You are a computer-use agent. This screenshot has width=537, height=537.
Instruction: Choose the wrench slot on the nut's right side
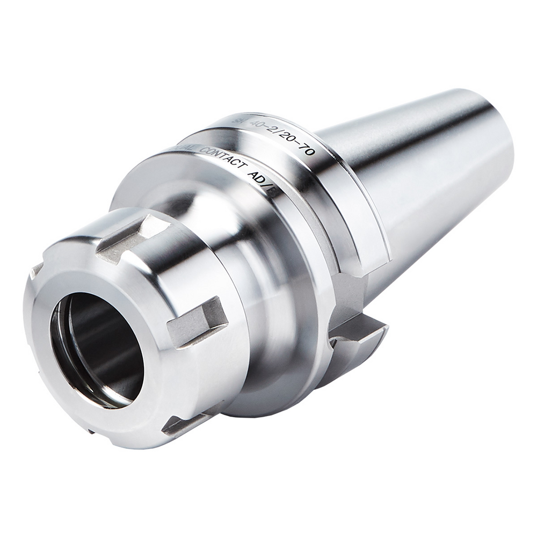(197, 322)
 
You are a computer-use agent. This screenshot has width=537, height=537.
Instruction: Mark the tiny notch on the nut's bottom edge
(92, 430)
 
